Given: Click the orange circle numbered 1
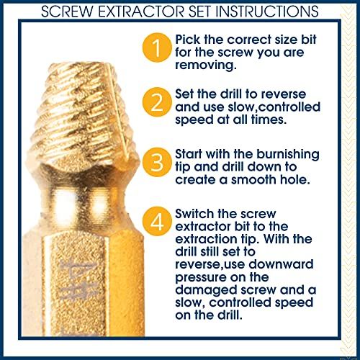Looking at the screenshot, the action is pyautogui.click(x=157, y=48).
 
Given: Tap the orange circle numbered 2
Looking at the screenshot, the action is pyautogui.click(x=157, y=102).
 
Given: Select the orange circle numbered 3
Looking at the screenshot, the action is pyautogui.click(x=157, y=163).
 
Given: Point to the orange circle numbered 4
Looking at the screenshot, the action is pyautogui.click(x=157, y=221).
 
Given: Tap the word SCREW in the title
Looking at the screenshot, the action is pyautogui.click(x=67, y=12).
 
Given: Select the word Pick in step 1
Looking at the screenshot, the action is pyautogui.click(x=187, y=40).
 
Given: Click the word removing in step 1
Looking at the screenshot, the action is pyautogui.click(x=206, y=65).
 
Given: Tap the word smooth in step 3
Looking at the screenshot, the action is pyautogui.click(x=253, y=180).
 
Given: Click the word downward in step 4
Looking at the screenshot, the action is pyautogui.click(x=281, y=264).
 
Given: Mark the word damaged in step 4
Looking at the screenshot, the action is pyautogui.click(x=207, y=290).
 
